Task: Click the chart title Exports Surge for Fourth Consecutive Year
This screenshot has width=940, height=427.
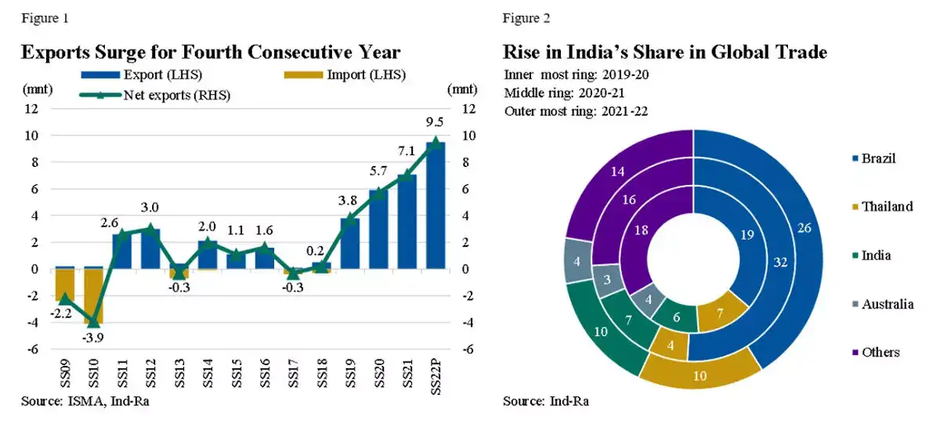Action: [x=211, y=52]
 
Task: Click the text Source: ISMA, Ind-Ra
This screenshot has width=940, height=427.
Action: [x=85, y=402]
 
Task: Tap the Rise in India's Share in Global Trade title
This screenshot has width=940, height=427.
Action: [x=664, y=52]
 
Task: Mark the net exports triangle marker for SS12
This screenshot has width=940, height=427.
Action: [x=150, y=229]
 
